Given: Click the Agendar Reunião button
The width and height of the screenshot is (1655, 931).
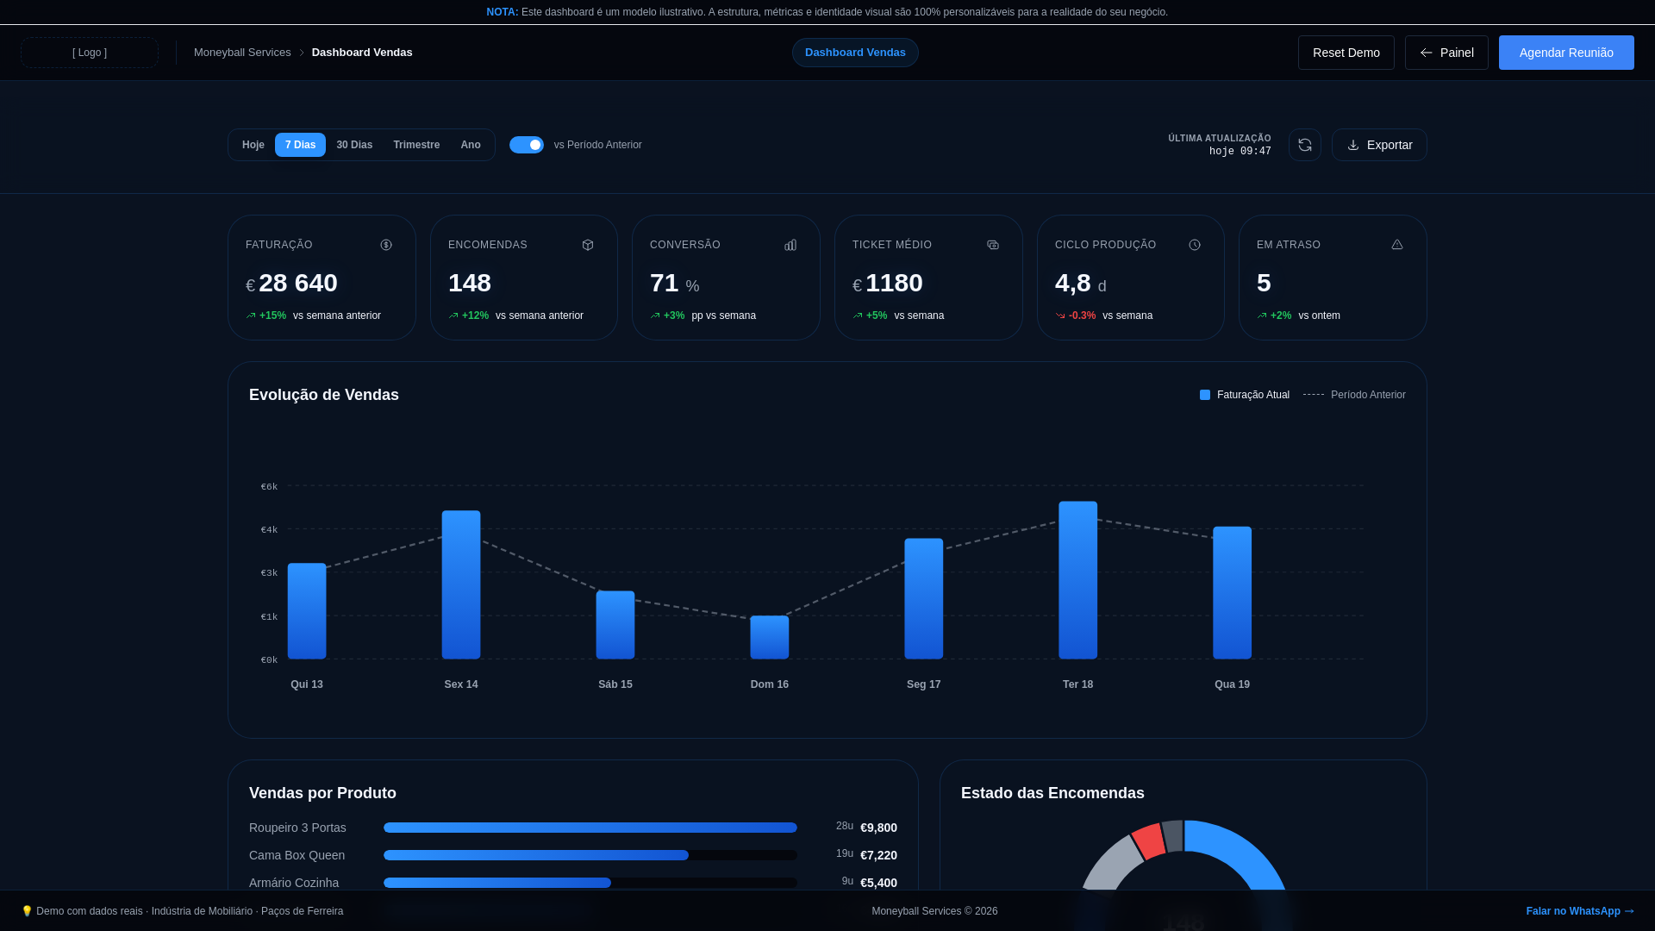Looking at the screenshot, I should coord(1565,53).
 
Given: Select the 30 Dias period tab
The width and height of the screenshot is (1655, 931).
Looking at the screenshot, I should coord(354,145).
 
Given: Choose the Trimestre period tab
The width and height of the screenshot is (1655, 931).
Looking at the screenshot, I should coord(416,145).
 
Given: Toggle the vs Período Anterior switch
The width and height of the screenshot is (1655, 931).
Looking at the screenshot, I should coord(526,145).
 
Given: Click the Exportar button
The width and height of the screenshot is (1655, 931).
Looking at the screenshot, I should coord(1378,145).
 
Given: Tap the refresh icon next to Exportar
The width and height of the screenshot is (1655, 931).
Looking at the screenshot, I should coord(1304,145).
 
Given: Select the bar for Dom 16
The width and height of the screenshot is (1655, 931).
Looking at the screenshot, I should coord(769,637).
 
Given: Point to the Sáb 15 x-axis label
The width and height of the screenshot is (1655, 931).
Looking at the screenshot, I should coord(615,684).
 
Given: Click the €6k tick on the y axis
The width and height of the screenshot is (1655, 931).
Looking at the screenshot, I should coord(269,487).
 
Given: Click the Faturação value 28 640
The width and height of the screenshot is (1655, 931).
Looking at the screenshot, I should coord(297,283).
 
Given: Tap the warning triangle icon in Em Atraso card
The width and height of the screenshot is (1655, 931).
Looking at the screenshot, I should coord(1396,245).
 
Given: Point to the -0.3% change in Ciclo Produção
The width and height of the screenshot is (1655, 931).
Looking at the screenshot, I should coord(1082,316).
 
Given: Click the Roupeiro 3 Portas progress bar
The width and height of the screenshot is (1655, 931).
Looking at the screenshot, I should coord(590,828).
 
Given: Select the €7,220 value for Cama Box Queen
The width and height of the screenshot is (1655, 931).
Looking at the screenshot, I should coord(878,855).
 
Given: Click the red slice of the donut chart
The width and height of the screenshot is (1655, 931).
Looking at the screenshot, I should coord(1148,840).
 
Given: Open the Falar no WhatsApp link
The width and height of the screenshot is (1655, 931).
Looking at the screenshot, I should coord(1579,911).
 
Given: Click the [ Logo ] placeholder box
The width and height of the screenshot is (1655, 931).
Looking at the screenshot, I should coord(90,53).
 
